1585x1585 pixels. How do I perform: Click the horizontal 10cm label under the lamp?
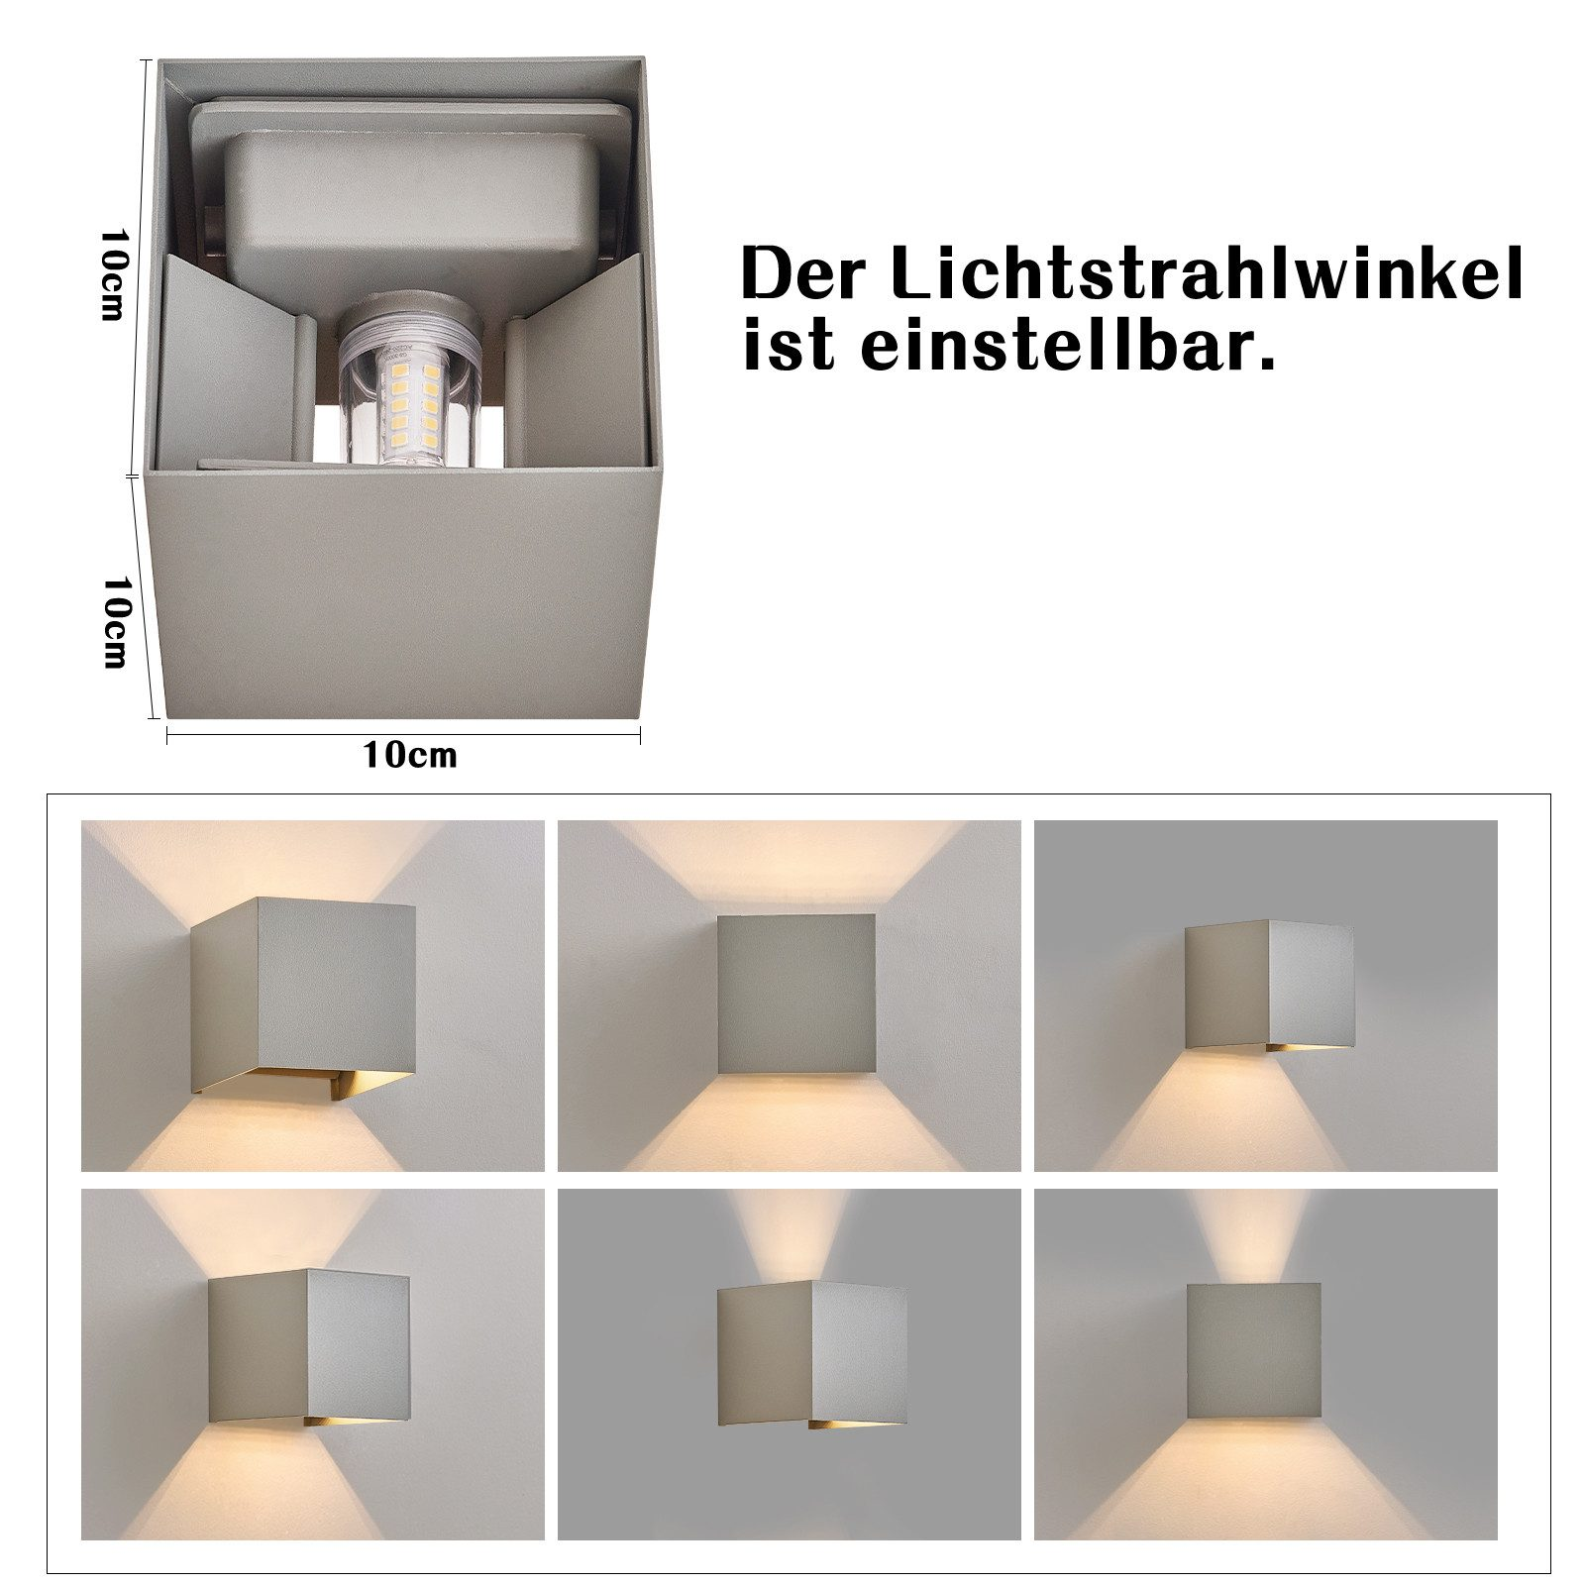410,755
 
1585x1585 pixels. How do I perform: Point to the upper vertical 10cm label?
115,274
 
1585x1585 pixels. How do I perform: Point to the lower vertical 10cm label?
117,621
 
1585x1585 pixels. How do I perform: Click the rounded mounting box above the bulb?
411,213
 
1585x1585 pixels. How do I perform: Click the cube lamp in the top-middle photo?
796,994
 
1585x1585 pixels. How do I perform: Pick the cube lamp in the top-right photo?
1269,986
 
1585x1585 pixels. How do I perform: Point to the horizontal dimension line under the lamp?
403,734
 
